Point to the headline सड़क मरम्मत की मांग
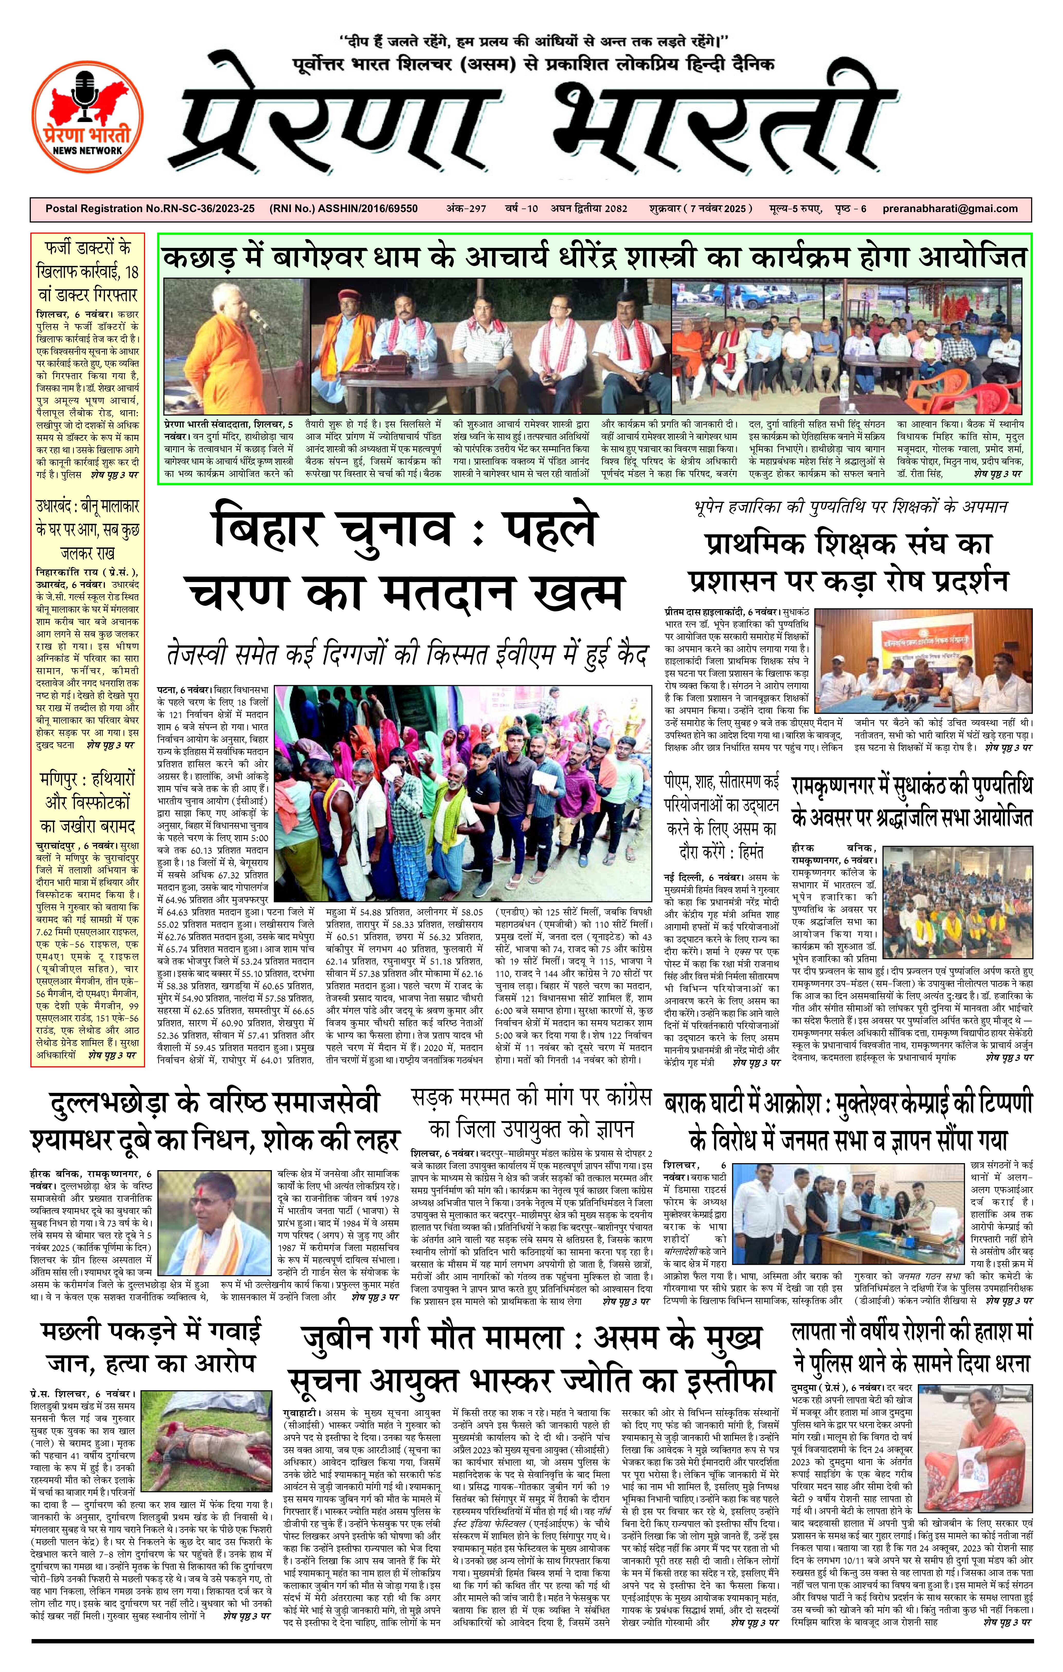(531, 1112)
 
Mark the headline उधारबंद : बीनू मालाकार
(87, 530)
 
